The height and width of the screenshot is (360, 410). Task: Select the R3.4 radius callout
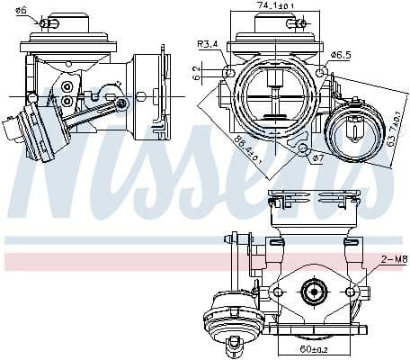(209, 45)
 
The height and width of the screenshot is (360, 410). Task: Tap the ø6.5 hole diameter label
(340, 56)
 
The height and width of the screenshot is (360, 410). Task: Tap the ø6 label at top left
(22, 10)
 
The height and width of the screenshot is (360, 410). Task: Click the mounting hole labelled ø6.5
(316, 73)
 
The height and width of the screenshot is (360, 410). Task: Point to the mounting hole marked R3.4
(230, 72)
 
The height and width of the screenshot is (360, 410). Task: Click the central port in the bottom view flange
(314, 292)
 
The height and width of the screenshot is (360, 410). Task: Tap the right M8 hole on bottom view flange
(351, 292)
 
